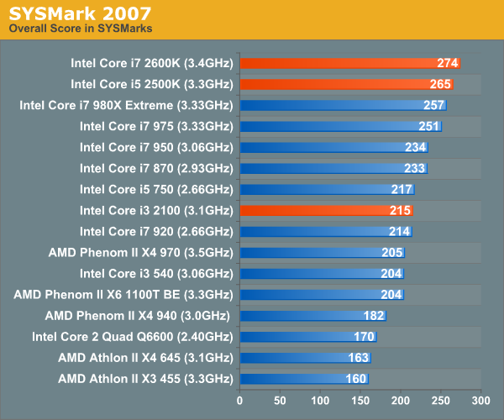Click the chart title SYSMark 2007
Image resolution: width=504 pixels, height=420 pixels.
point(80,13)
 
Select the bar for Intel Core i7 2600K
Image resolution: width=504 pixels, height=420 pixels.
point(349,63)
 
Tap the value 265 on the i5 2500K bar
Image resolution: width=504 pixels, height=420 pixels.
point(440,84)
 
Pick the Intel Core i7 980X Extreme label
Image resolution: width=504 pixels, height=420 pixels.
point(126,105)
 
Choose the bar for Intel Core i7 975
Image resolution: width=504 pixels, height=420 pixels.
point(340,126)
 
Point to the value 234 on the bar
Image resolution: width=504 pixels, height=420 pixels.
point(415,147)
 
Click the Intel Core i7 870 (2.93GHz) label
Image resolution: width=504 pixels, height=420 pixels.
point(156,168)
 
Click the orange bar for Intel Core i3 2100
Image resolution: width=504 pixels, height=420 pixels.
point(326,210)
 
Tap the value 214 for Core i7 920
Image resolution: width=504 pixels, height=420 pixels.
point(399,231)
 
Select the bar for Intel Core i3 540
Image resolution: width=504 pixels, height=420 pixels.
point(322,273)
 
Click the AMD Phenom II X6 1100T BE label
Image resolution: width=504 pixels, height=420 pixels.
point(123,294)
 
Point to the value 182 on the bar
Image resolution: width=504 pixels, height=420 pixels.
point(373,315)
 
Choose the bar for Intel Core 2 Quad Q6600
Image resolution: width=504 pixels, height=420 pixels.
point(308,336)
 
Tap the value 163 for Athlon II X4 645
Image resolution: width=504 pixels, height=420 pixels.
point(358,357)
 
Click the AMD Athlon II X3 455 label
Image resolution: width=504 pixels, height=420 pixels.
point(145,378)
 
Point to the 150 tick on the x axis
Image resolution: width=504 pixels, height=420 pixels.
point(360,399)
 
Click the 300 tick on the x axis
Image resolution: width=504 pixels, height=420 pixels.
point(480,399)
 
